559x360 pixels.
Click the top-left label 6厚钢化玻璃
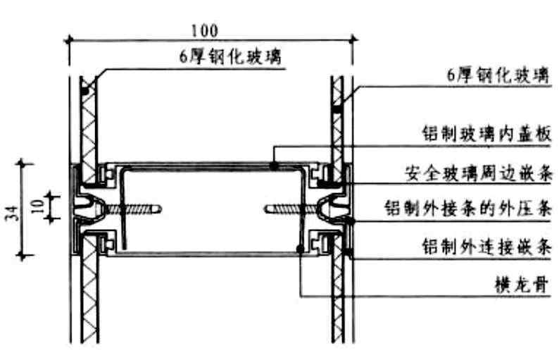230,57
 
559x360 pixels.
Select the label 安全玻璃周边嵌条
477,172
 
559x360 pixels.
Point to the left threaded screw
134,209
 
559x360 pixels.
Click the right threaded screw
289,209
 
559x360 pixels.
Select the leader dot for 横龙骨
301,248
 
